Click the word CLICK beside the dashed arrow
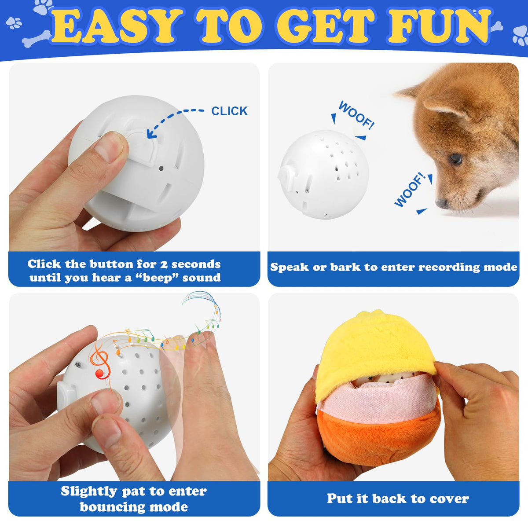pyautogui.click(x=229, y=111)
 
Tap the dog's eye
pyautogui.click(x=455, y=158)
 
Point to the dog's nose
pyautogui.click(x=442, y=203)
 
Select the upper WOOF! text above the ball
pyautogui.click(x=356, y=115)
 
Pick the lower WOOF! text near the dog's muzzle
pyautogui.click(x=410, y=190)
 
